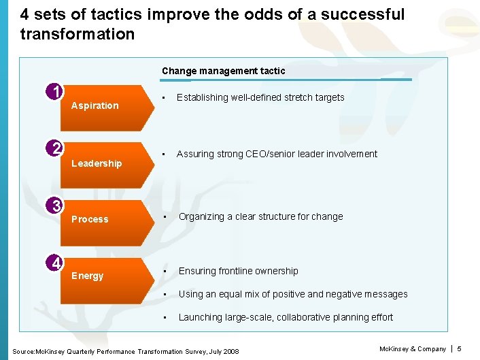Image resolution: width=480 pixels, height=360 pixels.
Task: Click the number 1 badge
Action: pyautogui.click(x=56, y=92)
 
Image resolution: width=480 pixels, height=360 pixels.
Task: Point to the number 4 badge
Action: pyautogui.click(x=56, y=263)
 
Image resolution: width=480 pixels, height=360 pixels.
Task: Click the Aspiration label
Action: pyautogui.click(x=95, y=105)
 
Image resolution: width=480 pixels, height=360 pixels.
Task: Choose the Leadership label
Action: pyautogui.click(x=97, y=163)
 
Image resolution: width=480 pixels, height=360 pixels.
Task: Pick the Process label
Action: pyautogui.click(x=90, y=219)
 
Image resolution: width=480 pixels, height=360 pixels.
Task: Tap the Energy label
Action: pyautogui.click(x=88, y=276)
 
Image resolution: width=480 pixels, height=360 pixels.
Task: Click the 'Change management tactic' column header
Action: pyautogui.click(x=223, y=71)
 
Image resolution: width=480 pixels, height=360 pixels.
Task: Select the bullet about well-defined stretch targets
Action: pyautogui.click(x=260, y=97)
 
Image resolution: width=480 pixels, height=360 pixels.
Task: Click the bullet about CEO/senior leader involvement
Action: pyautogui.click(x=276, y=154)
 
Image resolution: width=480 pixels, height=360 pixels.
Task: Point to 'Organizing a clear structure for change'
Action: pyautogui.click(x=260, y=216)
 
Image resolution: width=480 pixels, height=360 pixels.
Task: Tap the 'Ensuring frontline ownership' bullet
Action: pyautogui.click(x=238, y=271)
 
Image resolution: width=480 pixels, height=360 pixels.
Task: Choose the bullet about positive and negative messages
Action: pyautogui.click(x=292, y=294)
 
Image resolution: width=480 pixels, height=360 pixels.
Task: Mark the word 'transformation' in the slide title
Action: pyautogui.click(x=78, y=33)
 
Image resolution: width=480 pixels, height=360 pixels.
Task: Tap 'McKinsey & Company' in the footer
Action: pyautogui.click(x=412, y=349)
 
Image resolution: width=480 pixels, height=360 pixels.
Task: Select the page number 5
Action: pyautogui.click(x=459, y=349)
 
